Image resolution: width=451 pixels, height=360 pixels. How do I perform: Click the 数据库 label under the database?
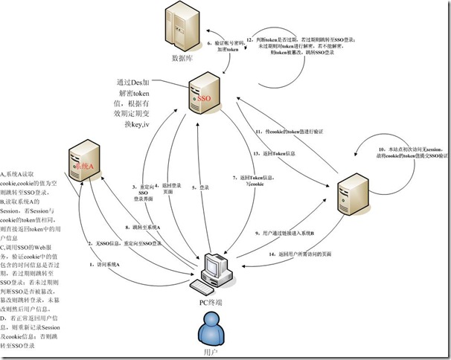pos(184,57)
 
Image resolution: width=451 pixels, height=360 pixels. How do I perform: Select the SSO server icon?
pos(203,97)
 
